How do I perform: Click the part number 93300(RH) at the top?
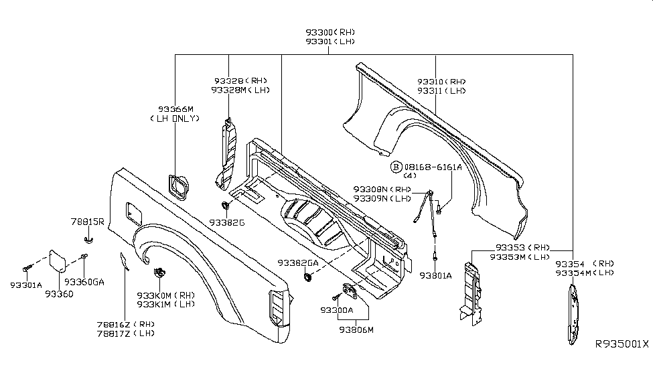coord(329,32)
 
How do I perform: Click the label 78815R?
coord(87,221)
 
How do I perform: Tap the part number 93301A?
coord(26,285)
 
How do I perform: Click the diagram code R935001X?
coord(622,344)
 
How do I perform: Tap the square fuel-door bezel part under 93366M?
coord(177,185)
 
